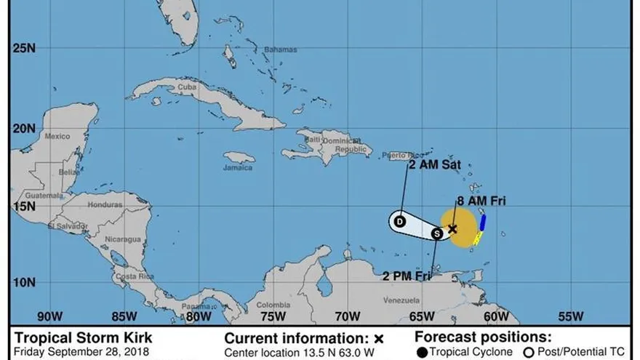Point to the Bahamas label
click(284, 49)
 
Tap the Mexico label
click(57, 137)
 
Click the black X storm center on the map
click(452, 228)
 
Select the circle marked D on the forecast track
click(400, 220)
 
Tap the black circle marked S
click(436, 233)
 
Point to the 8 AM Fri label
click(481, 201)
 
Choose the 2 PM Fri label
click(407, 276)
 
